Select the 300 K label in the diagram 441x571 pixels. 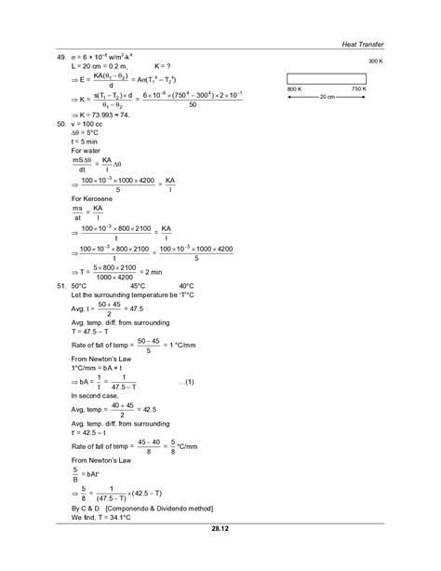376,60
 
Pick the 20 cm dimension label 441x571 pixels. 326,96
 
